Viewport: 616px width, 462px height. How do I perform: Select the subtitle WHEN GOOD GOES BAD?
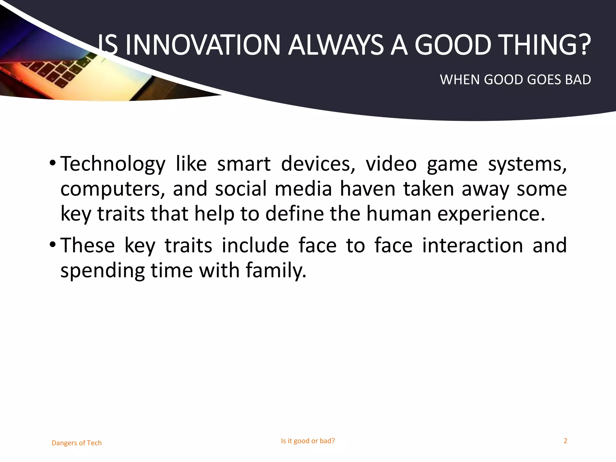(x=515, y=80)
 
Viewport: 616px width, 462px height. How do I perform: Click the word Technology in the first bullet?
(x=113, y=164)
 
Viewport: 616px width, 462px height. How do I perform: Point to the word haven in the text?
(x=367, y=189)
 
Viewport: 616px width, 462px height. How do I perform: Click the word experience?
(x=491, y=214)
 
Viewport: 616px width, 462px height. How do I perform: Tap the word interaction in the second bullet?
(x=473, y=245)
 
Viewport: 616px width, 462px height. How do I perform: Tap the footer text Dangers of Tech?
(x=77, y=443)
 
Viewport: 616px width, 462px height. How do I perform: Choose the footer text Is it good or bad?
(x=308, y=441)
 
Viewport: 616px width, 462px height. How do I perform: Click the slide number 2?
(x=565, y=441)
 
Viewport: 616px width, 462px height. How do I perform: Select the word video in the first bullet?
(x=391, y=164)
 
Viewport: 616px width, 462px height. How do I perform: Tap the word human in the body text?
(x=399, y=214)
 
